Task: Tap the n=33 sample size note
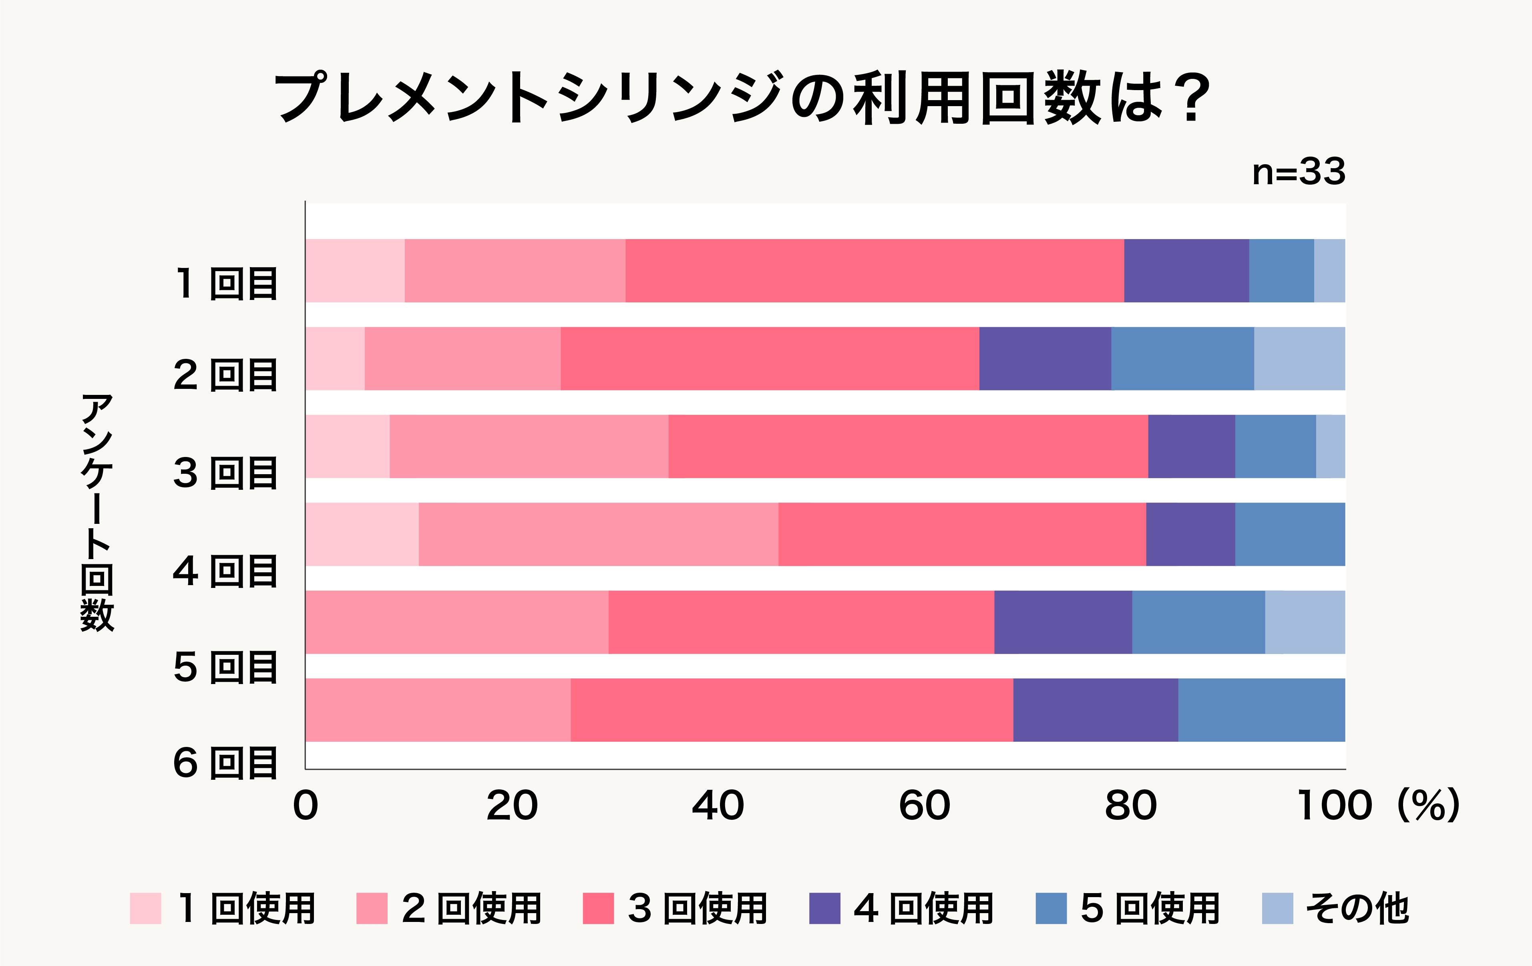1298,172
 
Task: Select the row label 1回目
226,284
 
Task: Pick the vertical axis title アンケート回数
97,512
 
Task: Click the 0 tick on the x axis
306,806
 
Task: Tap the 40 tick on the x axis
718,806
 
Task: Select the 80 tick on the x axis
1130,806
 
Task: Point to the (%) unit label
1428,806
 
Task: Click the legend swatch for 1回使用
145,908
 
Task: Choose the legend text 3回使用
697,908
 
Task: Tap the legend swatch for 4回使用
824,908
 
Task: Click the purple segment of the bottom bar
1096,710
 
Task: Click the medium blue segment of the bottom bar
1262,710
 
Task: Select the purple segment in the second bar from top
1045,358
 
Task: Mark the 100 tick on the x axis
1334,806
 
